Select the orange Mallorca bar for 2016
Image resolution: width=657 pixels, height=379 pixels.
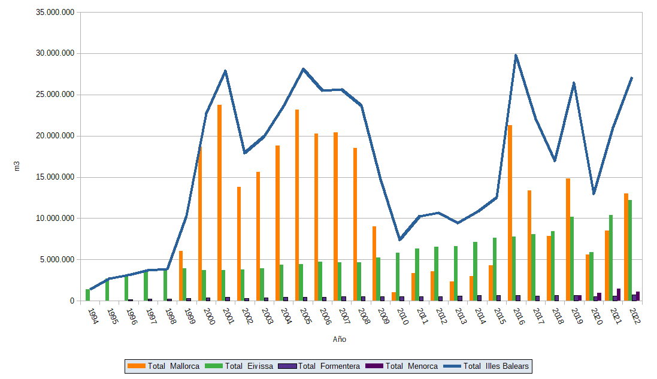tap(510, 213)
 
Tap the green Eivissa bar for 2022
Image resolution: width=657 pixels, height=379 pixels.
tap(630, 250)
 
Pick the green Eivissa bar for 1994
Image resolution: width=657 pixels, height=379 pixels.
tap(88, 295)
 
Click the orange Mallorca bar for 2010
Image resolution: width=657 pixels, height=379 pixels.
tap(394, 296)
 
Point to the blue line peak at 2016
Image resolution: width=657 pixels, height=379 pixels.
tap(516, 56)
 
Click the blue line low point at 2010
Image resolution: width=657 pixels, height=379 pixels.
tap(399, 239)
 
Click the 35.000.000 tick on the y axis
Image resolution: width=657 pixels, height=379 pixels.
tap(55, 12)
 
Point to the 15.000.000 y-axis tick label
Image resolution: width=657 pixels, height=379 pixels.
tap(55, 177)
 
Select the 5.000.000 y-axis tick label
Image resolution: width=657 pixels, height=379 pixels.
tap(57, 260)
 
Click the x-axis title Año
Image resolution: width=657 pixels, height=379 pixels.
tap(340, 339)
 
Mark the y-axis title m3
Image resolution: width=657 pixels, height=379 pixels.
tap(17, 166)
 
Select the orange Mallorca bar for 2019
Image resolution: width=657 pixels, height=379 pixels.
tap(568, 239)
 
